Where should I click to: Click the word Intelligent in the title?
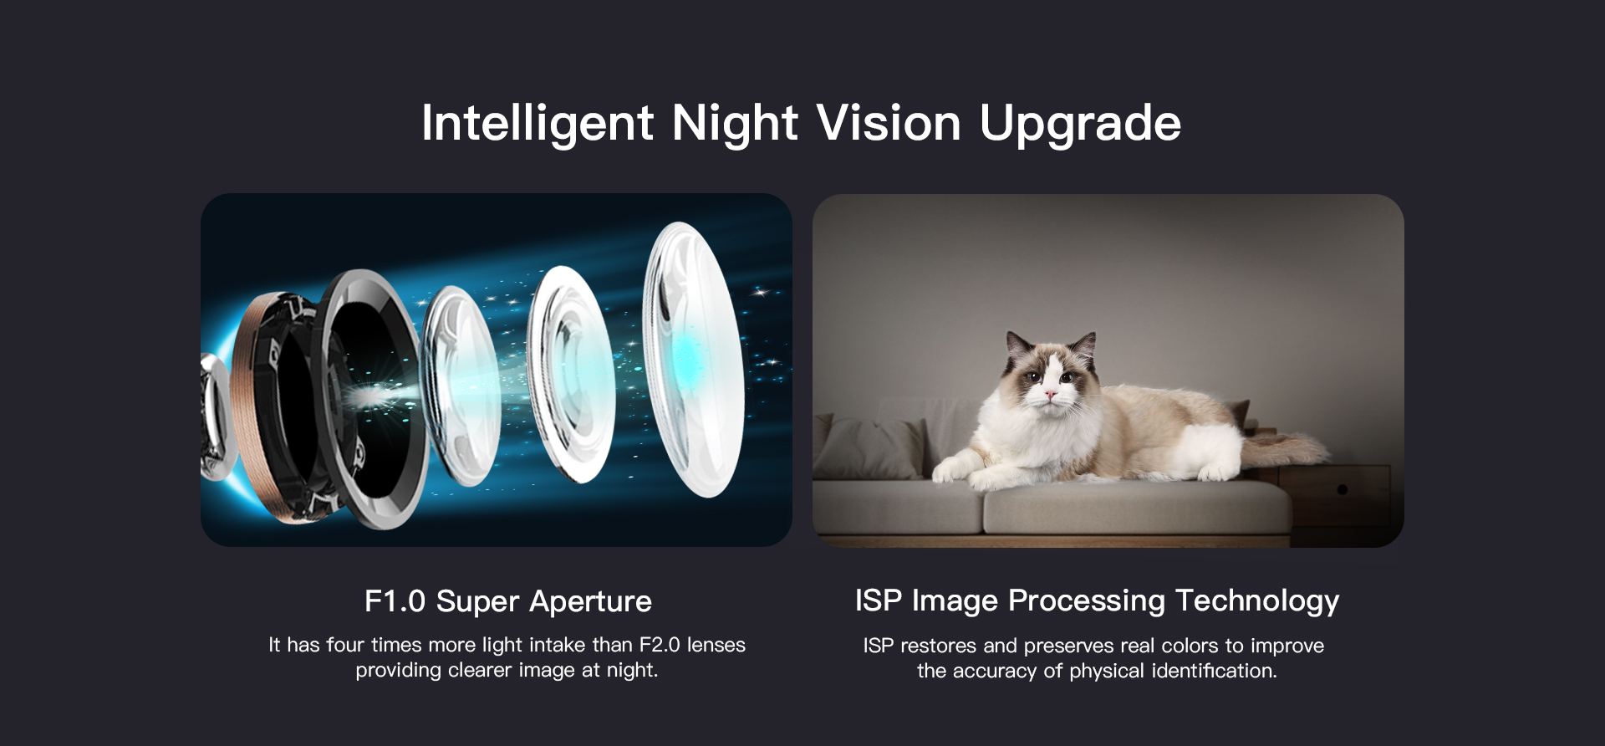pyautogui.click(x=538, y=124)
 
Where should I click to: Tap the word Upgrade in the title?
pyautogui.click(x=1080, y=124)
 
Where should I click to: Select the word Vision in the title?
pyautogui.click(x=889, y=122)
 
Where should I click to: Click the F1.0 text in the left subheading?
pyautogui.click(x=395, y=601)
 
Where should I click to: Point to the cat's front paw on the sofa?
pyautogui.click(x=949, y=473)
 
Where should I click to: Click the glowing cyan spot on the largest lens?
pyautogui.click(x=690, y=359)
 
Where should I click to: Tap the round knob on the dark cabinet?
pyautogui.click(x=1342, y=489)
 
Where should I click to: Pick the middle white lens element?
pyautogui.click(x=573, y=375)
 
